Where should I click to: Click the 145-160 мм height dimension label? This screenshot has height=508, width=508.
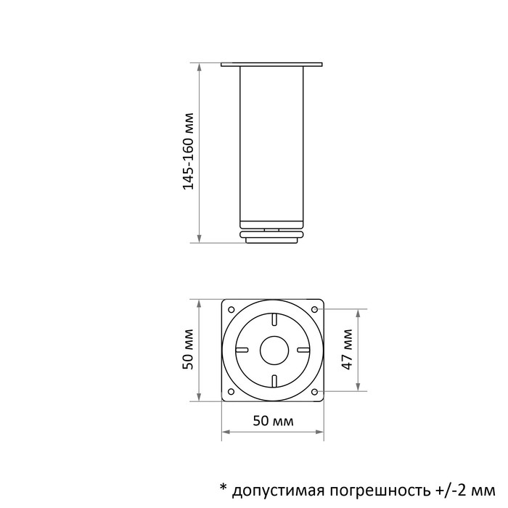188,151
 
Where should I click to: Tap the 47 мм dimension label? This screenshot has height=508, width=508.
347,349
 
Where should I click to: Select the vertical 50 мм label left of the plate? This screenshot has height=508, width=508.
188,349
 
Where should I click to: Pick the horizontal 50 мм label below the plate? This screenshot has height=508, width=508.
273,421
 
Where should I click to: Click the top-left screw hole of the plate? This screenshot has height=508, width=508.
232,309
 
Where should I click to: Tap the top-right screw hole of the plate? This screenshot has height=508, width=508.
314,309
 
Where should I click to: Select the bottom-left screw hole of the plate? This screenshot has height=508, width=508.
232,392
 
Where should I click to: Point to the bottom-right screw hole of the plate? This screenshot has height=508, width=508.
314,392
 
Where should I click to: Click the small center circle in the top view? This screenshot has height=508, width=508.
274,350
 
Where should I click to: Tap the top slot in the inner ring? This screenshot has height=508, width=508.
274,319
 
